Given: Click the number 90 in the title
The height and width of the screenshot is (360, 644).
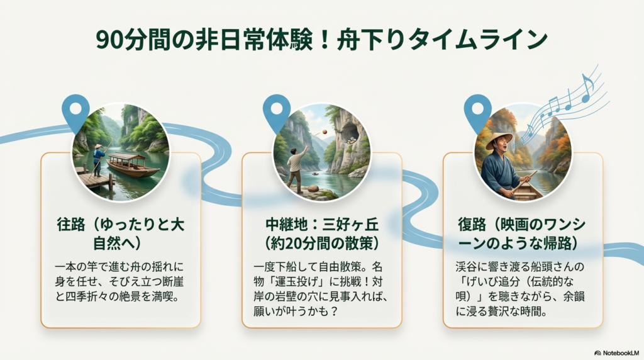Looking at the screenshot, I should point(111,40).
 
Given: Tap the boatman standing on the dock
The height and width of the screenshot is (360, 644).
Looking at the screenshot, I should point(98,160).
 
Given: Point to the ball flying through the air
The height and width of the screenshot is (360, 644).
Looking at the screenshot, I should point(322,132).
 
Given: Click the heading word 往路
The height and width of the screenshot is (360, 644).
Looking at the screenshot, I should point(72,225).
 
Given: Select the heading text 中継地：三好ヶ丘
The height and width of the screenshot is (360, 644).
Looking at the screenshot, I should point(322,225).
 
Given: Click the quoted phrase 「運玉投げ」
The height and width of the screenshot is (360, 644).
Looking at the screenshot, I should point(292,281).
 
